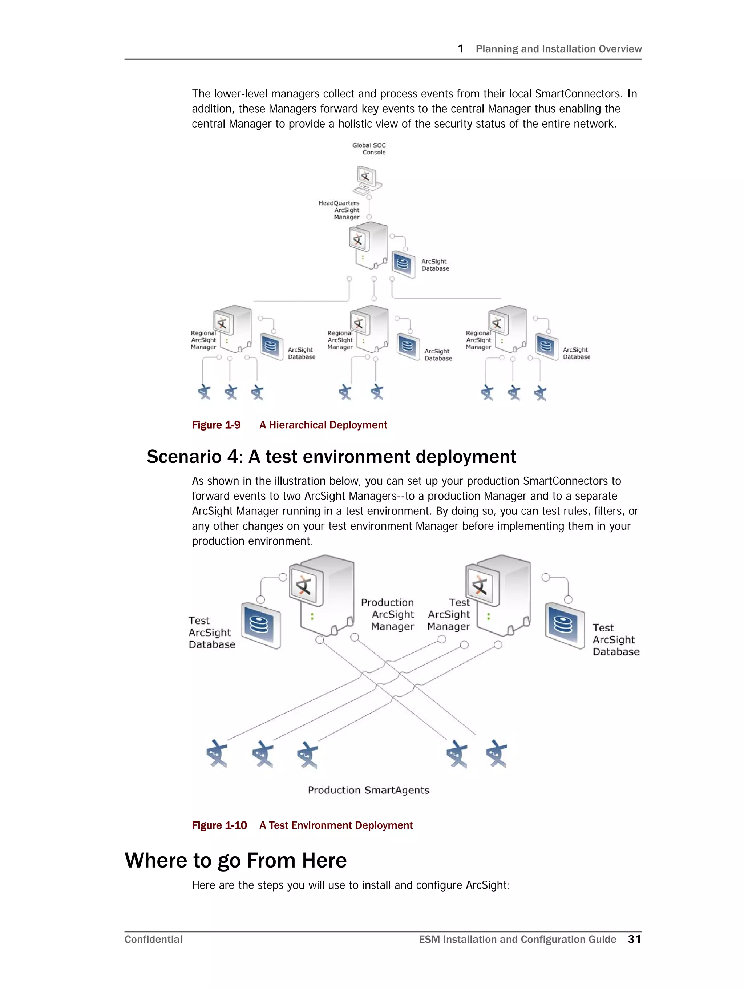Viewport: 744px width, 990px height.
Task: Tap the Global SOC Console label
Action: click(x=369, y=149)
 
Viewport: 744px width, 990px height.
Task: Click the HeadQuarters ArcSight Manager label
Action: click(x=339, y=210)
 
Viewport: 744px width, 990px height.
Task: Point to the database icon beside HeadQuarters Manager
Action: click(x=403, y=264)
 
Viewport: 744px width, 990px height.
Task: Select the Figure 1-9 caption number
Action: click(x=216, y=425)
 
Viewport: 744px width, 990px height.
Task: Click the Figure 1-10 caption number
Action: click(x=219, y=825)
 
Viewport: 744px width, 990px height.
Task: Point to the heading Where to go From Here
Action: click(x=235, y=860)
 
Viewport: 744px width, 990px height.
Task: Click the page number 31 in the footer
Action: click(x=634, y=939)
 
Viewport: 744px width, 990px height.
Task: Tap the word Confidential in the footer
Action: click(x=153, y=940)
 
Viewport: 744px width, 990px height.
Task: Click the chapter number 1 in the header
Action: click(x=460, y=49)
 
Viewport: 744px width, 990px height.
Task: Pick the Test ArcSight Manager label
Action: click(x=449, y=614)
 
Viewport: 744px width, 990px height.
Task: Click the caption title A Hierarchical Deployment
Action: click(x=323, y=425)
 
